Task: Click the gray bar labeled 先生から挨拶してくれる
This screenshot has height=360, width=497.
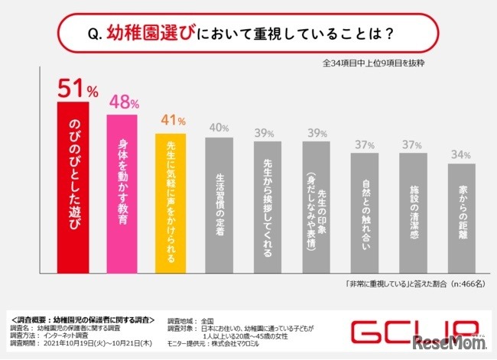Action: pyautogui.click(x=268, y=207)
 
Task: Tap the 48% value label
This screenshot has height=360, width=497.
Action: pyautogui.click(x=122, y=101)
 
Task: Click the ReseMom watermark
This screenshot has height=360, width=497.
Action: pyautogui.click(x=459, y=339)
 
